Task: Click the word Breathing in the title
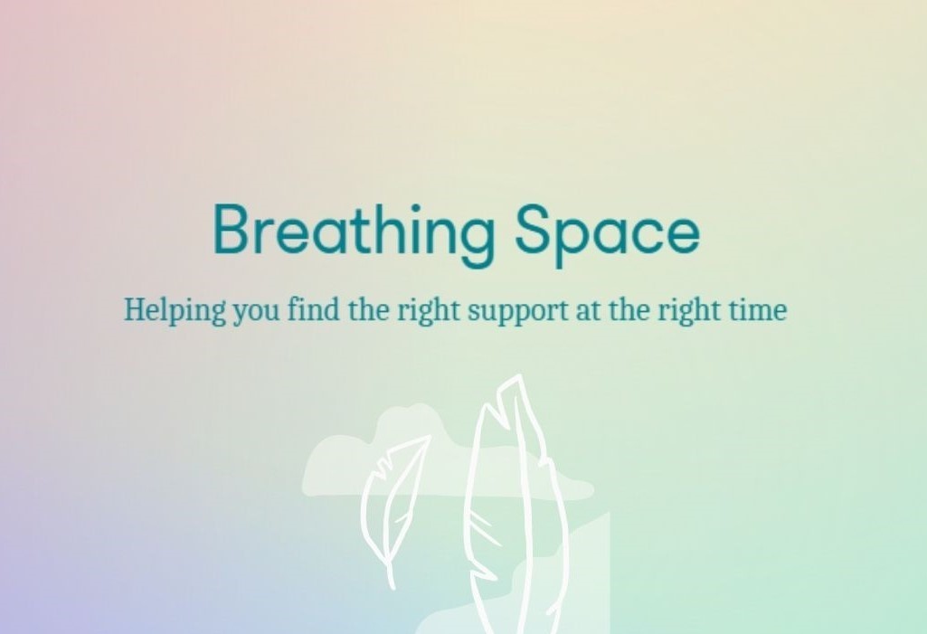(354, 232)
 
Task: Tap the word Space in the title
(607, 232)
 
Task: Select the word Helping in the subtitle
(175, 310)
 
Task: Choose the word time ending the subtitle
(756, 309)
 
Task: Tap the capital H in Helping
(137, 309)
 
